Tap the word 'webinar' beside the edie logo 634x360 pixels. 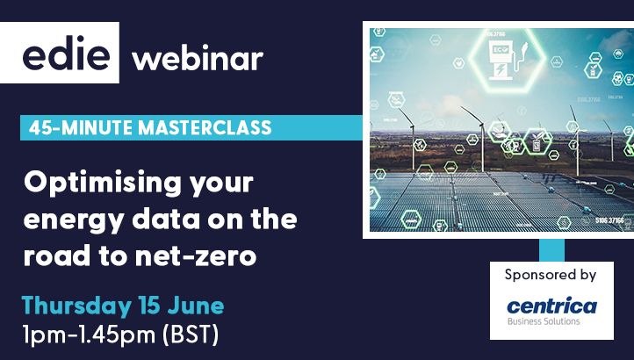(197, 60)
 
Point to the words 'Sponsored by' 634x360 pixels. (551, 275)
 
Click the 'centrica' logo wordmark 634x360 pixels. (552, 305)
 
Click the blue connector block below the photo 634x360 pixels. (552, 248)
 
